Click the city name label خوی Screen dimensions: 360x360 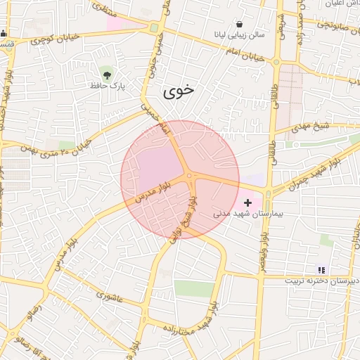point(179,91)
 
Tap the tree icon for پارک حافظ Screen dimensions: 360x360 point(106,72)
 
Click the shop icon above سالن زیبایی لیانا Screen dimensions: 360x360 point(240,24)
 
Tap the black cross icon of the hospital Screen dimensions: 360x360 point(247,202)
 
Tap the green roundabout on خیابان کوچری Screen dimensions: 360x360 point(153,28)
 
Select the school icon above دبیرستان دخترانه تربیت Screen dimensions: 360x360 point(321,269)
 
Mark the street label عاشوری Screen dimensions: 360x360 point(107,297)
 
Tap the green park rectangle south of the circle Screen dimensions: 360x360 point(193,288)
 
